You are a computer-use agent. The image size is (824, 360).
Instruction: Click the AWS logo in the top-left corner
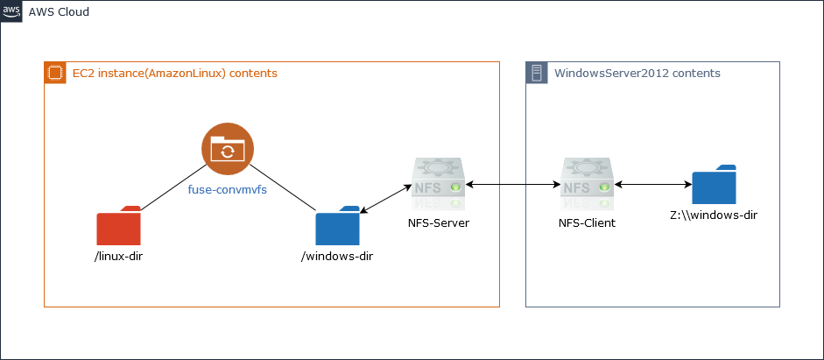click(x=11, y=11)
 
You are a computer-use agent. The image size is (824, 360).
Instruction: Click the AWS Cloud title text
click(x=59, y=12)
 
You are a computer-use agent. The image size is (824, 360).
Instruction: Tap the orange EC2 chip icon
click(x=54, y=73)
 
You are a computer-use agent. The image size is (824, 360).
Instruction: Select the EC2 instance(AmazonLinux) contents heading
click(x=174, y=74)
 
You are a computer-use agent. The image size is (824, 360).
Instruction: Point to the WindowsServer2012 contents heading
click(x=637, y=74)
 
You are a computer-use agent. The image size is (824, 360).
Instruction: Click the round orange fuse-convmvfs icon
click(x=227, y=150)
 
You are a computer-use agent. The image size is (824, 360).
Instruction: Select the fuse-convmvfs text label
click(x=228, y=188)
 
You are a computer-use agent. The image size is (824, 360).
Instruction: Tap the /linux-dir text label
click(x=118, y=257)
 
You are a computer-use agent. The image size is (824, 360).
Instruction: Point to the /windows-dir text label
click(x=337, y=257)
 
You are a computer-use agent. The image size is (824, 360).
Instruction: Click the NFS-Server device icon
click(x=438, y=184)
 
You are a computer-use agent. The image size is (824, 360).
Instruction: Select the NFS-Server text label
click(x=439, y=223)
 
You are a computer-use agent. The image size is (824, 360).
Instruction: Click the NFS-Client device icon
click(x=587, y=184)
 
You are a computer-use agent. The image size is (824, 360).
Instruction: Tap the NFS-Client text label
click(x=587, y=223)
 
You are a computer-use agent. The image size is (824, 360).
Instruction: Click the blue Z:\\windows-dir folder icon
click(x=714, y=185)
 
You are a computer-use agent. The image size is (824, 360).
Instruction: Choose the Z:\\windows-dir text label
click(x=714, y=215)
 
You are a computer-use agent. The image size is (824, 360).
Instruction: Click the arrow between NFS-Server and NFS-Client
click(x=512, y=185)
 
